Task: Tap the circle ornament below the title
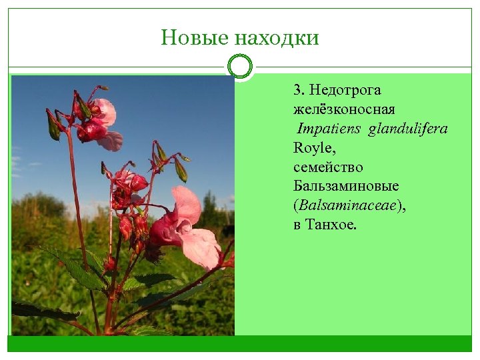(x=240, y=67)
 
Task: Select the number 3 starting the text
(x=297, y=90)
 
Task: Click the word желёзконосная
(x=344, y=109)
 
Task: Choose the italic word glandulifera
(x=408, y=129)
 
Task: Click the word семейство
(x=328, y=167)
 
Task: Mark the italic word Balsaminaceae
(x=348, y=206)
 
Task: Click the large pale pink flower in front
(x=190, y=230)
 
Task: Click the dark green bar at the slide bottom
(x=240, y=343)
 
